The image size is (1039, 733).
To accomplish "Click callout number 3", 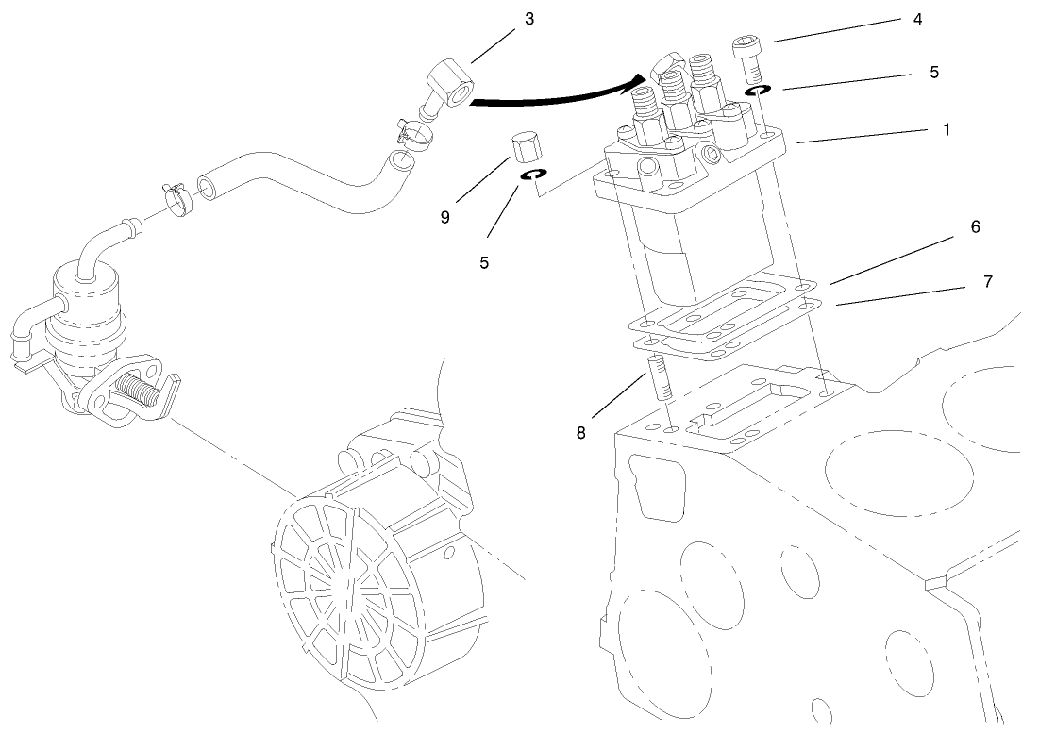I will (529, 20).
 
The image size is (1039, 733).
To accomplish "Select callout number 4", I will (917, 18).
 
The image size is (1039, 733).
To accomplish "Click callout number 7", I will (987, 281).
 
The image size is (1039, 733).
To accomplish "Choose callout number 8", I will (582, 433).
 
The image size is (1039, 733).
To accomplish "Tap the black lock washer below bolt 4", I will (757, 92).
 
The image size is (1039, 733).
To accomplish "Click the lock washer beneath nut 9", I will (535, 175).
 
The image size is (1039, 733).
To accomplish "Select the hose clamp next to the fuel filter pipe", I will (176, 194).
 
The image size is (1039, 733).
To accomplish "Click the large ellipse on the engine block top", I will (898, 466).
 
